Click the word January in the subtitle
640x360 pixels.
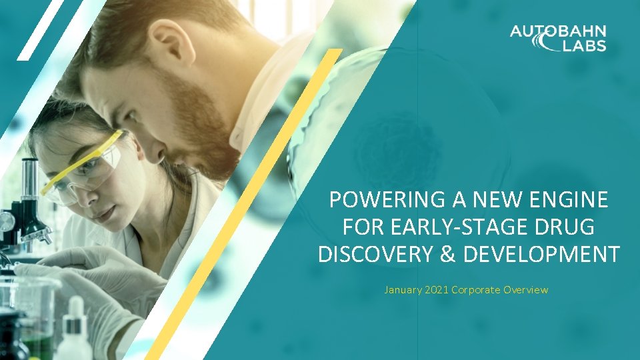click(403, 290)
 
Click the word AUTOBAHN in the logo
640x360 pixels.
click(558, 31)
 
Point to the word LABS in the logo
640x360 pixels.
click(583, 45)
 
